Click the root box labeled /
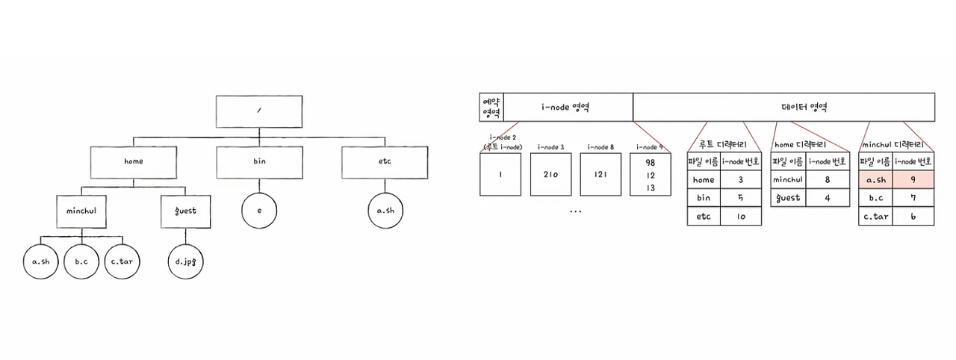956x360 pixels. pyautogui.click(x=258, y=111)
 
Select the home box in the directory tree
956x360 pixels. pyautogui.click(x=134, y=161)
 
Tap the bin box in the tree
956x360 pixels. pyautogui.click(x=259, y=161)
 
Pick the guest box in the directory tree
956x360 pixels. pyautogui.click(x=184, y=211)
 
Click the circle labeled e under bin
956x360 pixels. pyautogui.click(x=259, y=211)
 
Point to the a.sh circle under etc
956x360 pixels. pyautogui.click(x=385, y=211)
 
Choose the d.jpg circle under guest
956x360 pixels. pyautogui.click(x=184, y=261)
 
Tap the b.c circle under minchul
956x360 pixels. pyautogui.click(x=81, y=261)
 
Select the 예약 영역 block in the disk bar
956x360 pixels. pyautogui.click(x=491, y=107)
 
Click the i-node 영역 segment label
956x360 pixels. pyautogui.click(x=566, y=107)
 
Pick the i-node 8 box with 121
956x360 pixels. pyautogui.click(x=600, y=174)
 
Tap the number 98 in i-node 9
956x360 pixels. pyautogui.click(x=650, y=163)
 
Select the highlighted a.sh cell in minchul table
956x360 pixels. pyautogui.click(x=874, y=180)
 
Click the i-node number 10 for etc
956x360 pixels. pyautogui.click(x=741, y=217)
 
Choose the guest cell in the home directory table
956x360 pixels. pyautogui.click(x=787, y=198)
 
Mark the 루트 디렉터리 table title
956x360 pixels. pyautogui.click(x=724, y=145)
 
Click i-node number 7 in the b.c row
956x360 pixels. pyautogui.click(x=912, y=199)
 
